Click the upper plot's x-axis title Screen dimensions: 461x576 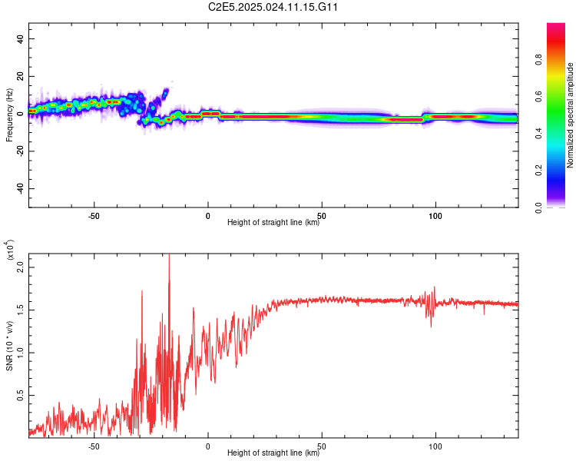pos(273,223)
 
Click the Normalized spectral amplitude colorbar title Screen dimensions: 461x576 pos(571,115)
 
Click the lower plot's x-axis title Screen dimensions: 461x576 pos(273,453)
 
